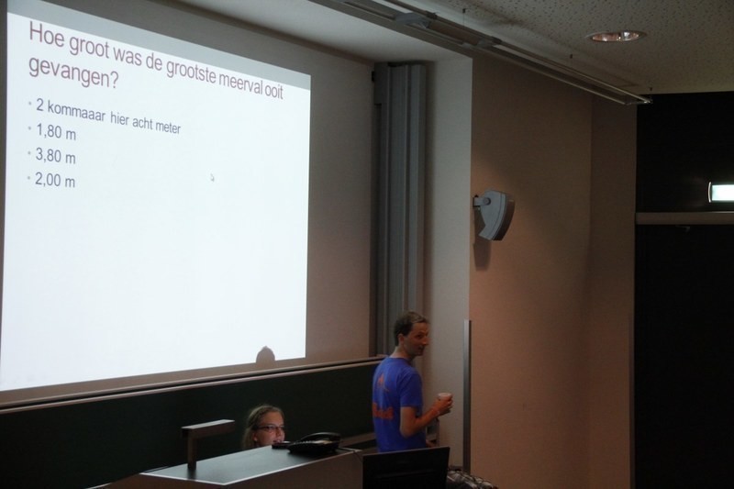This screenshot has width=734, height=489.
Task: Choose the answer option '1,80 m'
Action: click(56, 132)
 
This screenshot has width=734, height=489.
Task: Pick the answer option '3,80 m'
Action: click(55, 156)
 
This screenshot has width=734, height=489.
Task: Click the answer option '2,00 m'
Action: click(55, 180)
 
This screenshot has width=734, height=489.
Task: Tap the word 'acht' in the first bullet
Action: click(143, 123)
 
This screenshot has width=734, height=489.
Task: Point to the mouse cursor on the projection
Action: click(212, 177)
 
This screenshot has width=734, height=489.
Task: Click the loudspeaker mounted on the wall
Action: click(495, 215)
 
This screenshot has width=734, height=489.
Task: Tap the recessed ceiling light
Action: click(616, 36)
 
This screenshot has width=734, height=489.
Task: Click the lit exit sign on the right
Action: click(721, 193)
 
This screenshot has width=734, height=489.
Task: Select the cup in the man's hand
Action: click(445, 403)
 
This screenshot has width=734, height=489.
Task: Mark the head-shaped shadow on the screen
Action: click(265, 355)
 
